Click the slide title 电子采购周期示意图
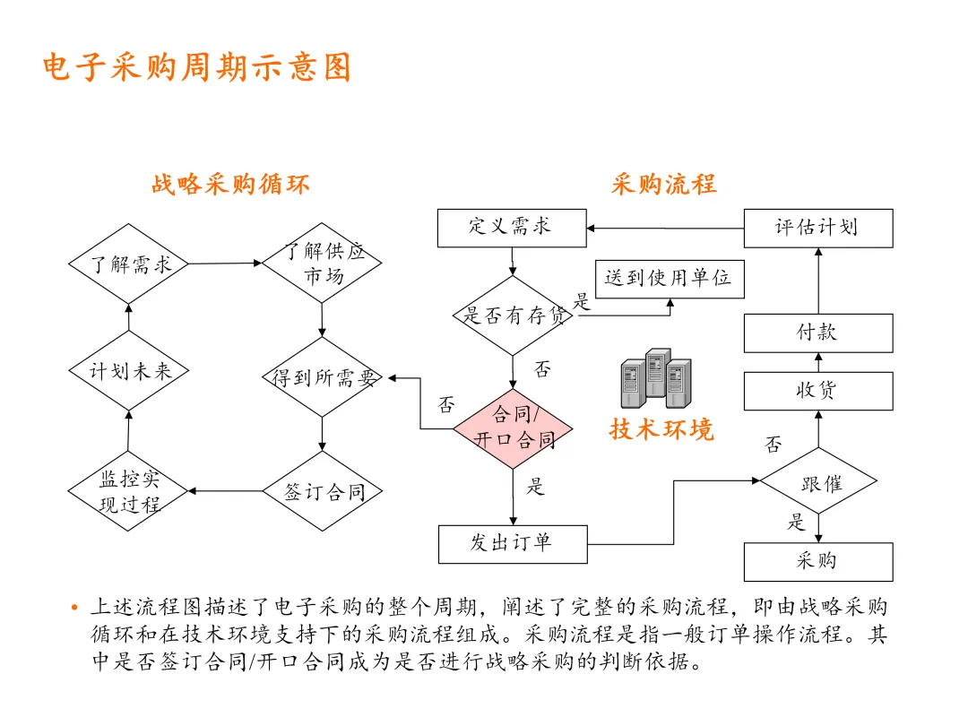coord(197,68)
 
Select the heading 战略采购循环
coord(230,185)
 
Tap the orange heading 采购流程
coord(663,185)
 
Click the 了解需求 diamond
coord(129,264)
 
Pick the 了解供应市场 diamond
coord(322,263)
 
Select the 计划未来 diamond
coord(129,371)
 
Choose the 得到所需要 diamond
coord(322,377)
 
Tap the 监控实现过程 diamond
coord(129,491)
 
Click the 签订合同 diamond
coord(322,491)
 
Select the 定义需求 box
coord(512,228)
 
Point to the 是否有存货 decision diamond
coord(513,315)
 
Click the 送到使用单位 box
coord(669,279)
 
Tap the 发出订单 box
coord(513,544)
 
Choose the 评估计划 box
coord(818,228)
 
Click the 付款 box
coord(818,333)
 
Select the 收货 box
coord(818,391)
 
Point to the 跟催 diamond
coord(818,484)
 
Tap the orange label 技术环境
coord(661,429)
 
